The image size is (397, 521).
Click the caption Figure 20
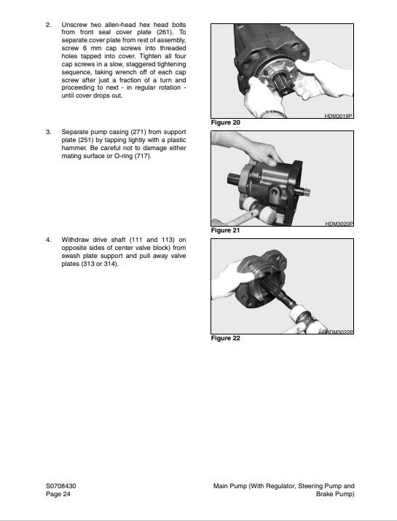[x=225, y=122]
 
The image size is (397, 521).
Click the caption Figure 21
[x=225, y=230]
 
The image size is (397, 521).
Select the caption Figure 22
[x=225, y=338]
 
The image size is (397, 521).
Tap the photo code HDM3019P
[x=339, y=116]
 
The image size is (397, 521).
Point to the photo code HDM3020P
[x=339, y=224]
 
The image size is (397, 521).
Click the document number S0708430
[x=60, y=486]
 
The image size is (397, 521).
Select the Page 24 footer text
[x=58, y=494]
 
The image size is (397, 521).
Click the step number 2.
[x=49, y=25]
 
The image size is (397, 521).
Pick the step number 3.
[x=49, y=132]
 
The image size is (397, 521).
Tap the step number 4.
[x=49, y=240]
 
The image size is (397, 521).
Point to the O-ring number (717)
[x=143, y=156]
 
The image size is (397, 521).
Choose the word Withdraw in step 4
[x=75, y=240]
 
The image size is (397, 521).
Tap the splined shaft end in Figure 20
[x=284, y=84]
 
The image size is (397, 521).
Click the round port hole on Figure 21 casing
[x=276, y=192]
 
